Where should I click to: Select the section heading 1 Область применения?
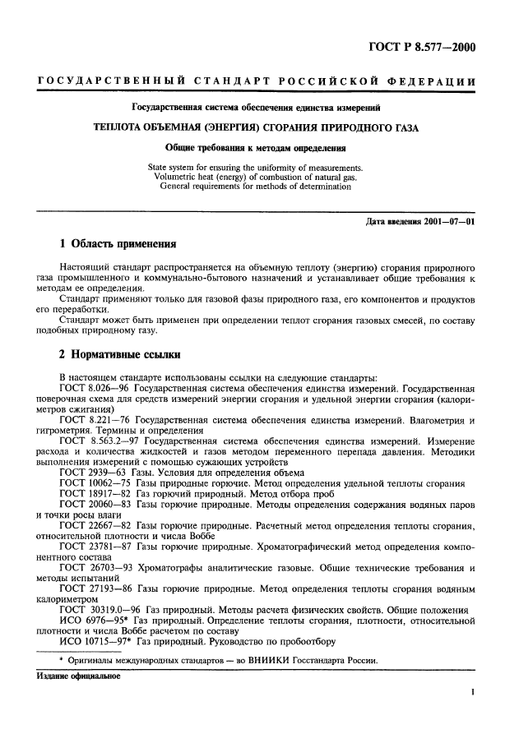118,244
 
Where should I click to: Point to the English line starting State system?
255,168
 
